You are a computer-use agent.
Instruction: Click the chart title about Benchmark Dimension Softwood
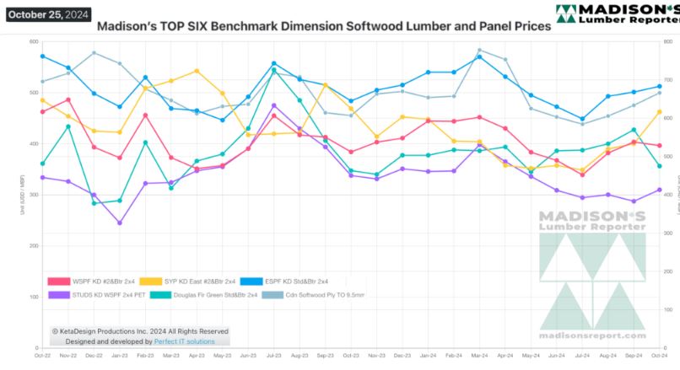pos(324,26)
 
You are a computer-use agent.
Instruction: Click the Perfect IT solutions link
pos(185,341)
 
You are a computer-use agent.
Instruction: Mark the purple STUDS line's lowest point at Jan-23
pos(120,223)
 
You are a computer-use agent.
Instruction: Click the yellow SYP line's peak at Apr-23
pos(197,71)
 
